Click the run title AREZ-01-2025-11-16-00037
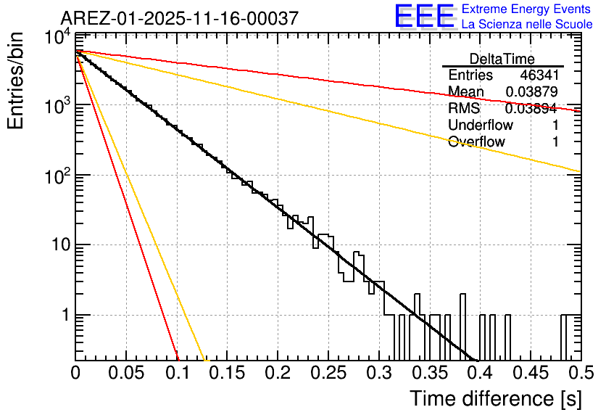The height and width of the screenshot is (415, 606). pos(179,18)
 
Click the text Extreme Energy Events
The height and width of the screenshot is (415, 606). pos(526,9)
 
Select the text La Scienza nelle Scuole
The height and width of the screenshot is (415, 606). pos(527,25)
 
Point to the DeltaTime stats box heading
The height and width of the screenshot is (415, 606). pos(502,59)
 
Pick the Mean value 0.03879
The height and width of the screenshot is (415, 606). pos(531,92)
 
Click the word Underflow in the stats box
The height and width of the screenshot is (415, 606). pos(481,126)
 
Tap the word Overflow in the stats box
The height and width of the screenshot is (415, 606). pos(476,142)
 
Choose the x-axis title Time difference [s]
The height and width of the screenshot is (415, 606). pos(494,398)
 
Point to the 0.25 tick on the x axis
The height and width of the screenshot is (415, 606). pos(328,373)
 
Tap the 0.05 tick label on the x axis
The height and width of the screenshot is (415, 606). pos(126,373)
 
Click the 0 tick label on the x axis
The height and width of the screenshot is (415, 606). pos(76,373)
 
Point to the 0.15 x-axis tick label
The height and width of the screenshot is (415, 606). pos(227,373)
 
